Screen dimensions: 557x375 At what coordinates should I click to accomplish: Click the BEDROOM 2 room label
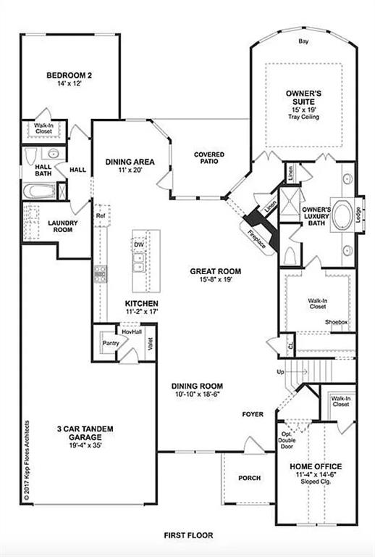coord(69,75)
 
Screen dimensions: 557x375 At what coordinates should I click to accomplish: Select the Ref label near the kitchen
coord(101,215)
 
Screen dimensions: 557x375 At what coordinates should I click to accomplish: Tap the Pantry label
coord(110,343)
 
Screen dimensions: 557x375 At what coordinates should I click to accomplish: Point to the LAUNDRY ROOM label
coord(62,226)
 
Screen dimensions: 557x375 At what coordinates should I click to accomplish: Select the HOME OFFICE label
coord(315,466)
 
